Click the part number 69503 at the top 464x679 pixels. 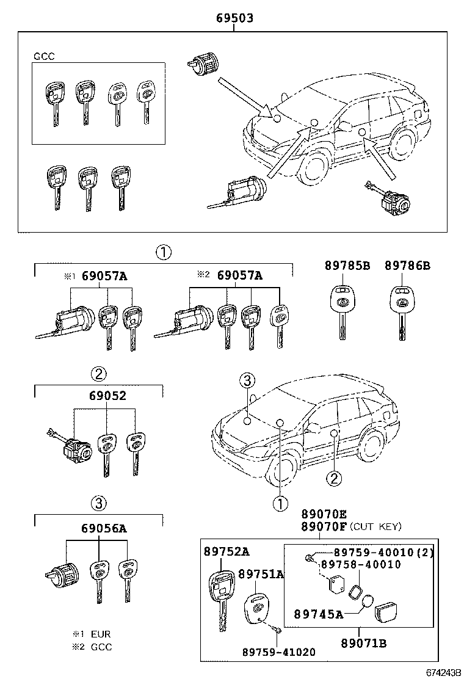(234, 19)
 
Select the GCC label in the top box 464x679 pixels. (44, 56)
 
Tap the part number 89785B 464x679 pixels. (347, 266)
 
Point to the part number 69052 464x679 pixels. (103, 396)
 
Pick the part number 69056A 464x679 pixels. (103, 528)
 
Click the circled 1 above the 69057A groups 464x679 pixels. (162, 251)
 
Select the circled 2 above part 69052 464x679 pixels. (100, 372)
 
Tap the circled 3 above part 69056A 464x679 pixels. (100, 503)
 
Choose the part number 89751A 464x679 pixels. (261, 574)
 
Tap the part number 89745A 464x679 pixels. (317, 614)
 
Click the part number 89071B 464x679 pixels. (363, 643)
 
